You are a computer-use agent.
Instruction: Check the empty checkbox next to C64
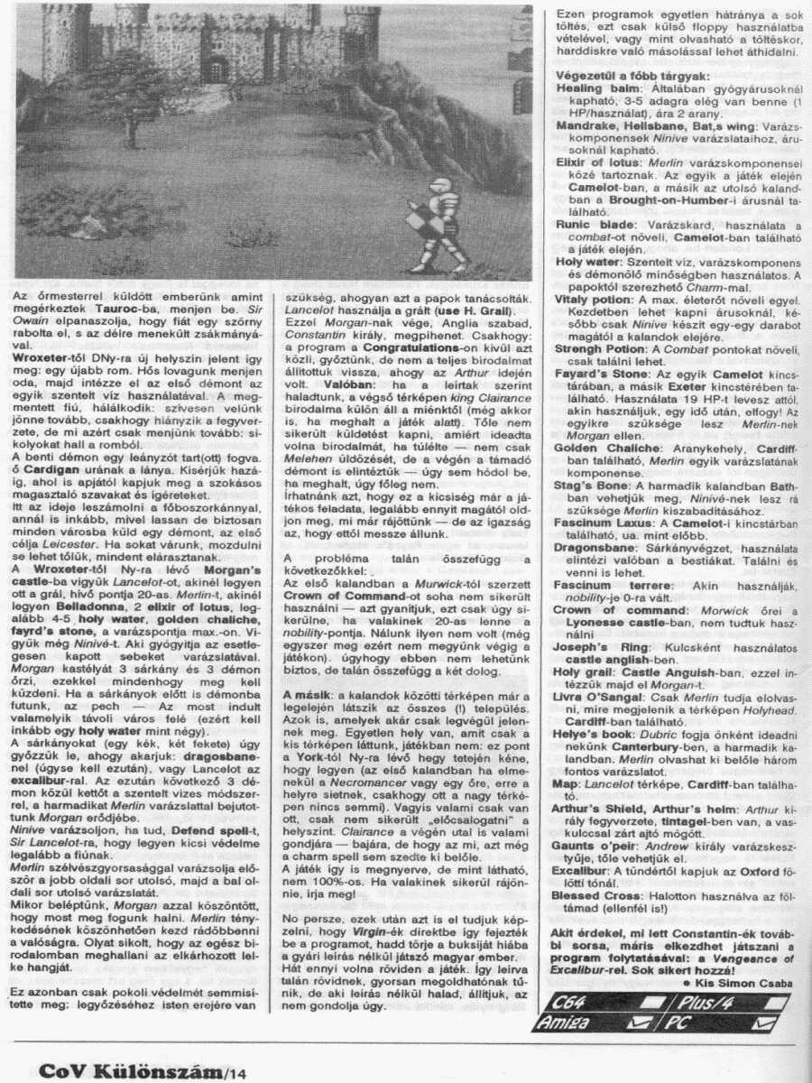640,1001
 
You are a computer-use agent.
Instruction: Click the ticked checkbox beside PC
763,1022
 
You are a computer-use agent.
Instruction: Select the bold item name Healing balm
591,89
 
